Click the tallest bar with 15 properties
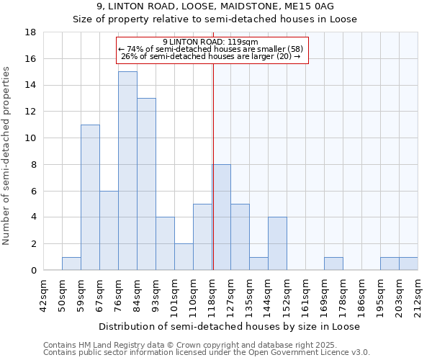click(127, 171)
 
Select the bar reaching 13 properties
click(146, 184)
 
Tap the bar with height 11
click(90, 197)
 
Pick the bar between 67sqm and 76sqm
click(109, 230)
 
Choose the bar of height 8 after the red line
click(222, 217)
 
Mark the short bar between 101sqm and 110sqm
click(184, 257)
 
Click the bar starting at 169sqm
click(333, 264)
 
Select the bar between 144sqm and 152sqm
click(277, 243)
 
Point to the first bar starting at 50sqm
click(71, 264)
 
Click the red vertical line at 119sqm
click(213, 166)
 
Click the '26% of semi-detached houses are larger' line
click(210, 56)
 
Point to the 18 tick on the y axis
click(31, 32)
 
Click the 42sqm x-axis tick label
click(44, 294)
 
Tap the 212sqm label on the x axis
click(418, 294)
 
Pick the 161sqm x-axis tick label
click(306, 294)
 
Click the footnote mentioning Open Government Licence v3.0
click(207, 353)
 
